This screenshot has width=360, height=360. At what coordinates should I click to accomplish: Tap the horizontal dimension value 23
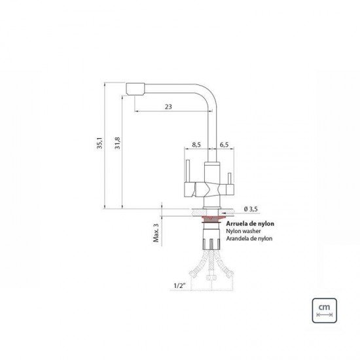click(169, 107)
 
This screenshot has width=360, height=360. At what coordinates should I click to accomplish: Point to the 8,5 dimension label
click(196, 145)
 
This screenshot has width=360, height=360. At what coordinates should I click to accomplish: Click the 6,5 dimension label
click(223, 145)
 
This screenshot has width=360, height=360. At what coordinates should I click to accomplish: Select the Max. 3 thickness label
click(156, 232)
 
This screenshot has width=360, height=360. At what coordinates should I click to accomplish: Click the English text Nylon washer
click(243, 231)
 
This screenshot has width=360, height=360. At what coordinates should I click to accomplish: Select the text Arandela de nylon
click(249, 239)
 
